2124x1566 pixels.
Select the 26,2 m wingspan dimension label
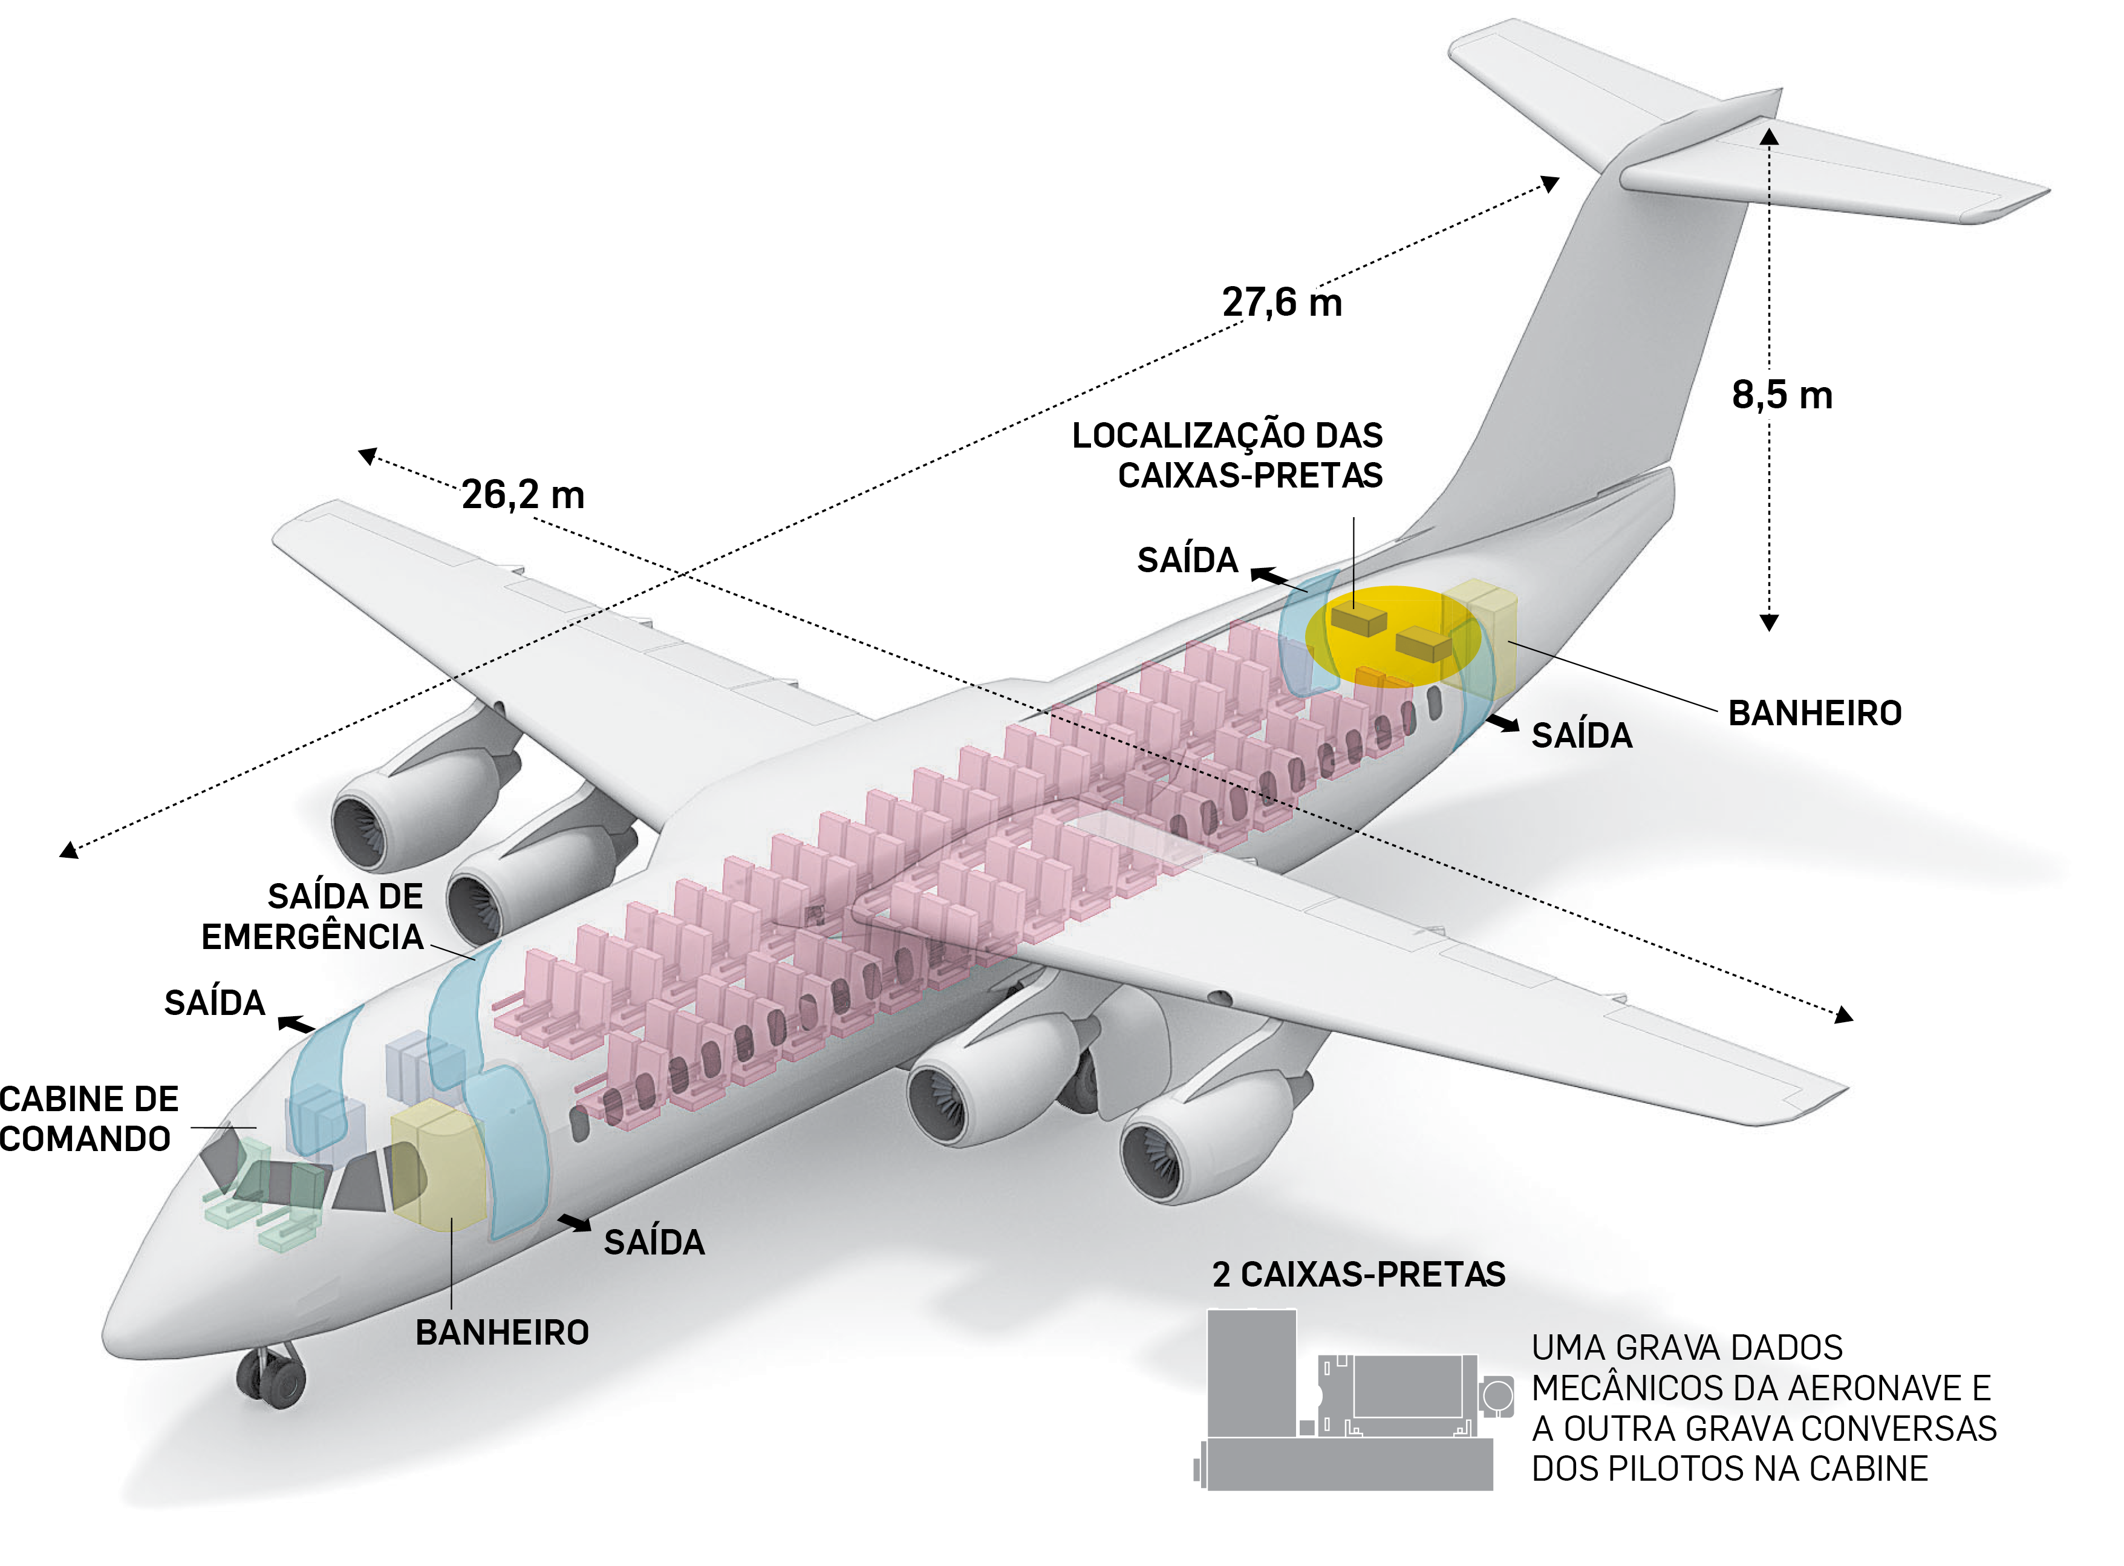coord(523,495)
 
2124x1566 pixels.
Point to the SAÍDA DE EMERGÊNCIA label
coord(313,916)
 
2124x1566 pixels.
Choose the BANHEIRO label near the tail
coord(1814,713)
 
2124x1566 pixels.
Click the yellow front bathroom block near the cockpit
coord(436,1166)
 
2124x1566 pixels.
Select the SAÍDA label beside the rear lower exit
coord(1581,736)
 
